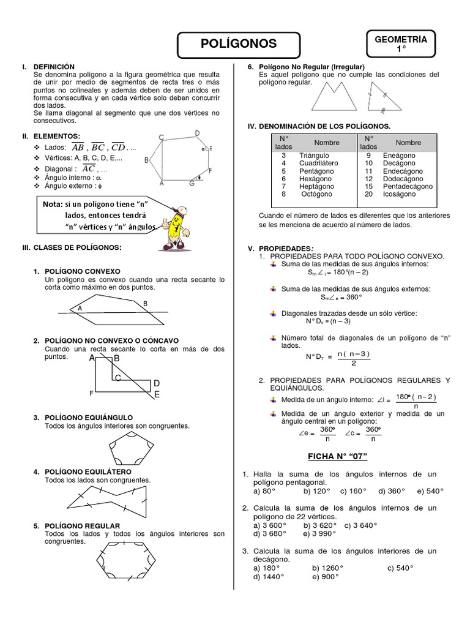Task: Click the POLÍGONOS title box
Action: click(x=239, y=43)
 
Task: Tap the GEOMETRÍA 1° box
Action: click(x=401, y=43)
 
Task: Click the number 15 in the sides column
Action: click(x=369, y=186)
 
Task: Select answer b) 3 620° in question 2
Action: click(x=320, y=525)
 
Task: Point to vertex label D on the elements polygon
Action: click(x=197, y=133)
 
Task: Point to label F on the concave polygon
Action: click(x=92, y=392)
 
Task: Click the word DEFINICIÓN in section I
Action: click(x=54, y=66)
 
